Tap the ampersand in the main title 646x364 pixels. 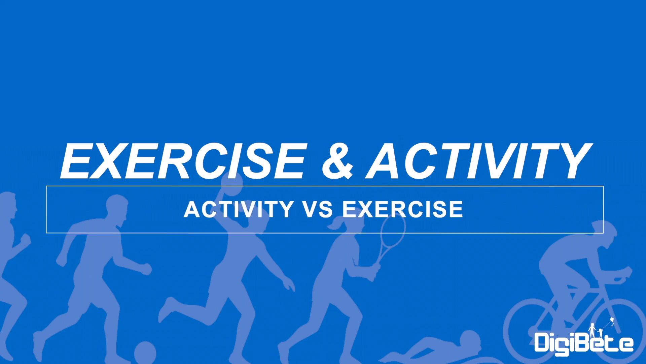[338, 161]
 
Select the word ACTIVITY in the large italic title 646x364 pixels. [479, 161]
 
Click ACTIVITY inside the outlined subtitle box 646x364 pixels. [239, 209]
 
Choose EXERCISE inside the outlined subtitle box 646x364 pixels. [403, 209]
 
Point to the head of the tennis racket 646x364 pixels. [393, 232]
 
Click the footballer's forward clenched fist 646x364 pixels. [146, 269]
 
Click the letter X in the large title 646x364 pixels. [107, 161]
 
